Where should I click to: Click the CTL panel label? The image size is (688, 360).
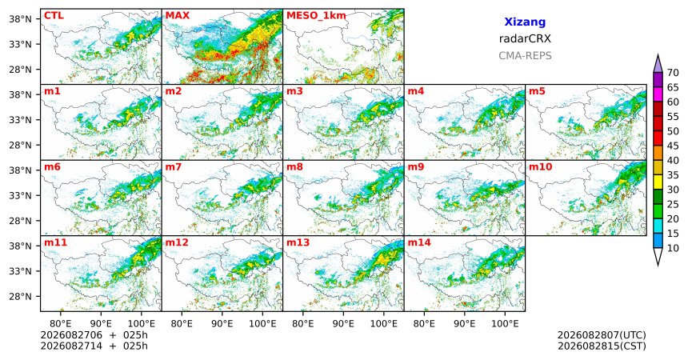[54, 16]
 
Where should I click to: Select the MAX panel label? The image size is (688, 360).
[178, 16]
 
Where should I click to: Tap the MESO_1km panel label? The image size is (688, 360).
[316, 16]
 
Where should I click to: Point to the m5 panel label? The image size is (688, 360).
[537, 91]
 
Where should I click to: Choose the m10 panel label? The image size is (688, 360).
[540, 167]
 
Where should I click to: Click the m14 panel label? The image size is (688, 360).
[419, 242]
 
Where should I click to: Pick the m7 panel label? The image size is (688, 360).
[174, 167]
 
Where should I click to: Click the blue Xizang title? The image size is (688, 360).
[525, 22]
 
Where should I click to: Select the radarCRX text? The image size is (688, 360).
[525, 38]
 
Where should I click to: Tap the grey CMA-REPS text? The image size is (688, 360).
[525, 56]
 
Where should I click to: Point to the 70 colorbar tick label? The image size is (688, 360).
[673, 73]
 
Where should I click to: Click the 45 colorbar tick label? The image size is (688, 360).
[673, 146]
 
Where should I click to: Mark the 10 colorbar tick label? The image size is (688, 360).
[673, 248]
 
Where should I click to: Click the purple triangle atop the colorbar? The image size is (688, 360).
[658, 64]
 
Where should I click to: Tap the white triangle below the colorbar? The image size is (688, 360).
[658, 255]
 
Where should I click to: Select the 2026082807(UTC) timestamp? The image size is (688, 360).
[602, 335]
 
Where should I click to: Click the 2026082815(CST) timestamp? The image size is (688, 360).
[602, 346]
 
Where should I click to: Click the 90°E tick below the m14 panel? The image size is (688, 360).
[465, 324]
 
